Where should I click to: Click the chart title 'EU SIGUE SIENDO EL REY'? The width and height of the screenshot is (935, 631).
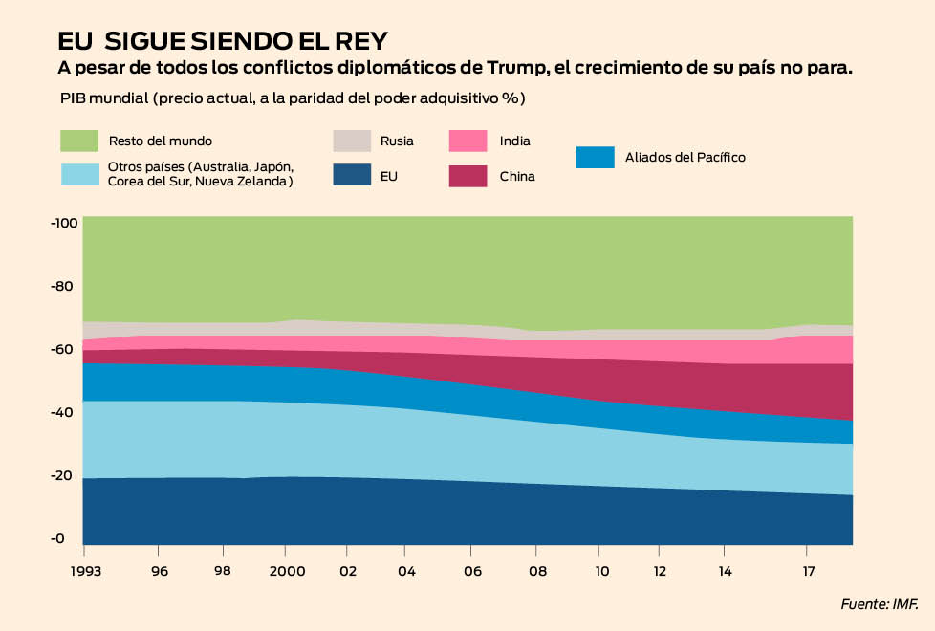tap(223, 42)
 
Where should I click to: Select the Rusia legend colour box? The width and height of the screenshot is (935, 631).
tap(352, 141)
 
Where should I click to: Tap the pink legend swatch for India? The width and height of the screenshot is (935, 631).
tap(468, 141)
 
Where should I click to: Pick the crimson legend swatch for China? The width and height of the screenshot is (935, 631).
tap(468, 175)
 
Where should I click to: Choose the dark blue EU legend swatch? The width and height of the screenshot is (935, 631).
tap(352, 175)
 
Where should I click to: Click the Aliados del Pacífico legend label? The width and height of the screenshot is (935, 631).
tap(685, 157)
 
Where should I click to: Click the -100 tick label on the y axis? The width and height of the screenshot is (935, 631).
tap(63, 223)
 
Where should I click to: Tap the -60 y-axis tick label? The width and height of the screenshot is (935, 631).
tap(63, 349)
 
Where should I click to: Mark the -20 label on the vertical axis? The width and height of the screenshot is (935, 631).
tap(63, 475)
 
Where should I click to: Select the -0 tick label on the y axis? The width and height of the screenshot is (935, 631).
tap(58, 538)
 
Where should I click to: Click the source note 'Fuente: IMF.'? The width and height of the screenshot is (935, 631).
tap(879, 603)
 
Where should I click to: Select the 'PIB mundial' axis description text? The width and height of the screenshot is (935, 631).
tap(102, 98)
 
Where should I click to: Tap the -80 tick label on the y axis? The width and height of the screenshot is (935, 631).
tap(63, 286)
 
